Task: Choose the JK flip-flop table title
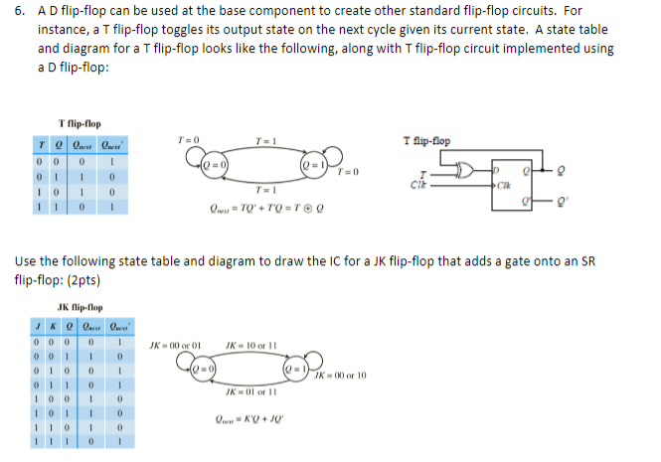[81, 308]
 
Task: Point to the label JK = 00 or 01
[176, 346]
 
